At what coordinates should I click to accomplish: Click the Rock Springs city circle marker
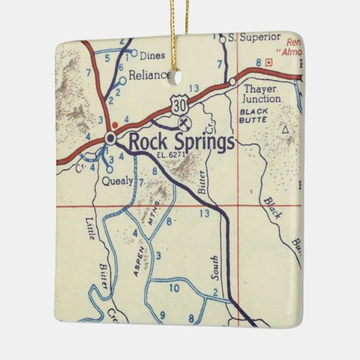111,139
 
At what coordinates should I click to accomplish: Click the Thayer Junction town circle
232,82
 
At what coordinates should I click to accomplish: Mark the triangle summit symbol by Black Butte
285,127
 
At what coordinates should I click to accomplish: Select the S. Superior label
251,37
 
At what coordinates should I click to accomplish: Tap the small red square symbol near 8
269,62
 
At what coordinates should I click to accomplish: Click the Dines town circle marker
134,52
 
